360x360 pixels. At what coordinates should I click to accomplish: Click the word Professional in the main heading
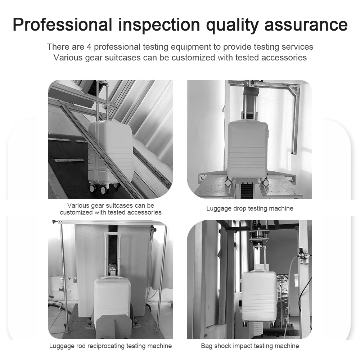click(x=62, y=24)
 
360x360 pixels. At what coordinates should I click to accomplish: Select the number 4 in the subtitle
click(x=89, y=47)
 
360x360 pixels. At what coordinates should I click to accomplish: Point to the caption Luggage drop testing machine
click(x=249, y=208)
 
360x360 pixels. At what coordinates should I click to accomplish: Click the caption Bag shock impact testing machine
click(x=250, y=346)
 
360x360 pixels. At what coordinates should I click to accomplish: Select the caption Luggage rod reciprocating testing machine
click(x=111, y=346)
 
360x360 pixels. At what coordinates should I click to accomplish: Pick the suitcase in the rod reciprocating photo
click(x=112, y=298)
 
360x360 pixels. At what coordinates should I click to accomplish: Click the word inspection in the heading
click(x=159, y=25)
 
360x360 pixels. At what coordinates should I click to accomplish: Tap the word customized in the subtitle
click(x=193, y=57)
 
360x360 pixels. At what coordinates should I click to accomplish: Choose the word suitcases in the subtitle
click(x=123, y=57)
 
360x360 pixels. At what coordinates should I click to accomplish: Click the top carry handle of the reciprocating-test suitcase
click(x=113, y=278)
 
